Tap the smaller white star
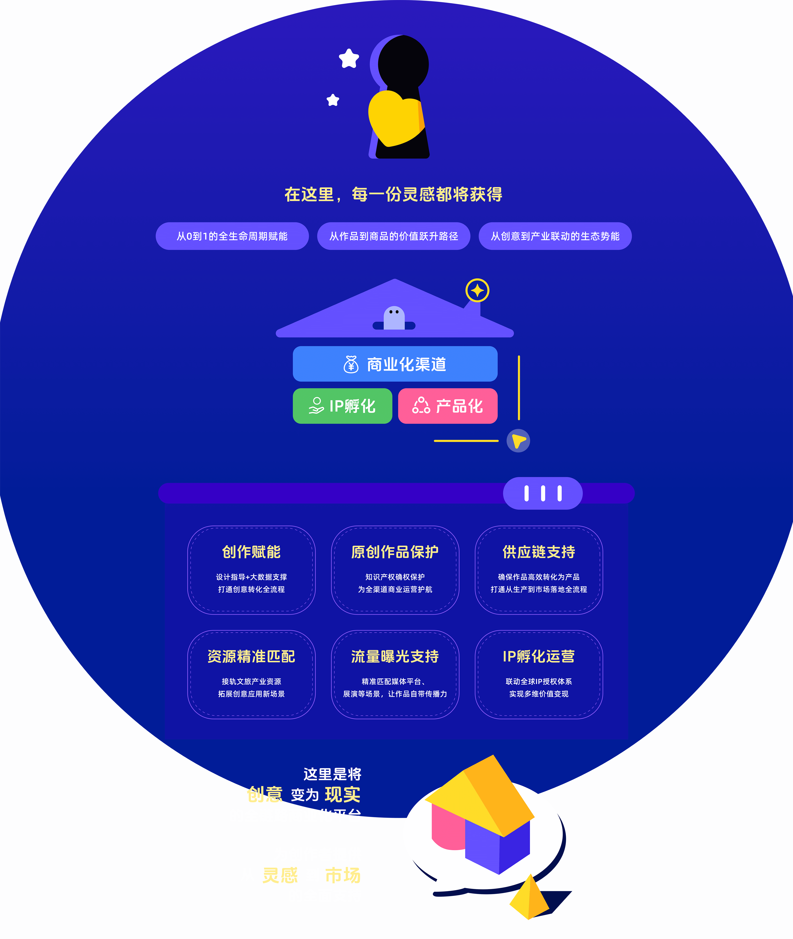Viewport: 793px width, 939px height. [x=333, y=100]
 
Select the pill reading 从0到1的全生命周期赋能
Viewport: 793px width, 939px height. [x=232, y=236]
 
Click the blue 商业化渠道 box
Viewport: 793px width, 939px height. [x=395, y=364]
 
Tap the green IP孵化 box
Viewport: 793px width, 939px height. [x=342, y=406]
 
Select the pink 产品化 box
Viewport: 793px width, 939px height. [x=448, y=406]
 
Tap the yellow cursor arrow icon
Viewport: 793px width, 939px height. [x=518, y=441]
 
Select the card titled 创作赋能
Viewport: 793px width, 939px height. [x=251, y=570]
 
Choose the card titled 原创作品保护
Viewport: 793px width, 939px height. [x=395, y=570]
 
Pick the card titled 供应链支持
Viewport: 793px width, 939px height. [x=539, y=570]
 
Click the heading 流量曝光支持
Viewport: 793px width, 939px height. [x=395, y=657]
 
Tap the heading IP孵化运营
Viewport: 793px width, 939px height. [x=539, y=657]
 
